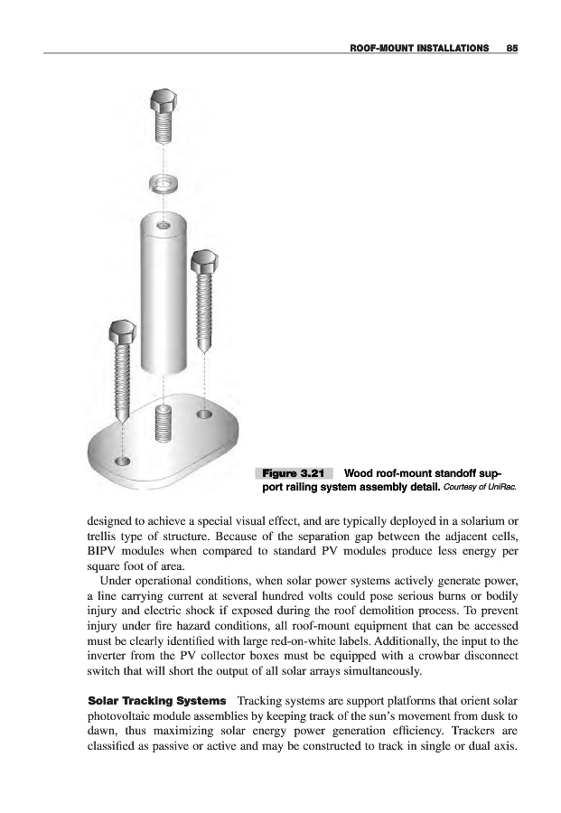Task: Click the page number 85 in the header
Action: (511, 45)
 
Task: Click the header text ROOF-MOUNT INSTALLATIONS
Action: (412, 45)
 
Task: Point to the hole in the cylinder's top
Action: (163, 223)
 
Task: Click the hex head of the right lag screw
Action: (203, 265)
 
